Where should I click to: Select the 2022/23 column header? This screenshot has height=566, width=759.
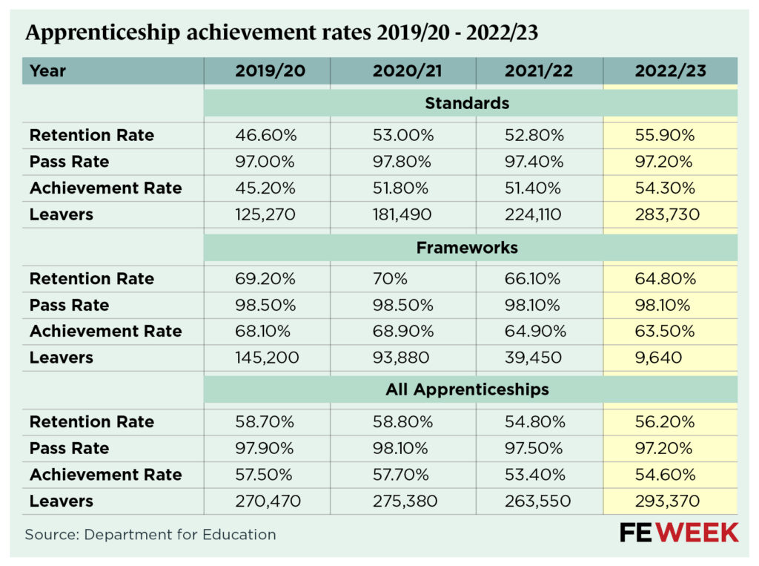(670, 71)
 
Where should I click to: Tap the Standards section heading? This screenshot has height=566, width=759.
(467, 103)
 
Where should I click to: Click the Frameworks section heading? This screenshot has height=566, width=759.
(467, 247)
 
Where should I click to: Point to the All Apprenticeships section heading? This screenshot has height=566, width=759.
(467, 389)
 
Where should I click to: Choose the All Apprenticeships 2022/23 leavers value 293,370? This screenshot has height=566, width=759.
(667, 501)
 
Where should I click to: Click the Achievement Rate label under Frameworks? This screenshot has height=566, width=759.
(105, 332)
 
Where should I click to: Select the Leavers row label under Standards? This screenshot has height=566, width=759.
(62, 214)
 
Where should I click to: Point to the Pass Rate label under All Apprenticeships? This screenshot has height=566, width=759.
(69, 448)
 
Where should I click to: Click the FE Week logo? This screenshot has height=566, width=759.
(678, 532)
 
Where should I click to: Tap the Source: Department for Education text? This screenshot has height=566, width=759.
(150, 534)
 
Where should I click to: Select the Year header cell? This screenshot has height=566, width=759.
(48, 71)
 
